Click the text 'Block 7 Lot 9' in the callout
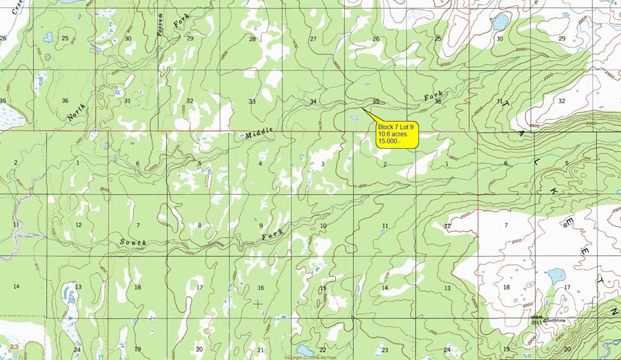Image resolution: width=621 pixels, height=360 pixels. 396,127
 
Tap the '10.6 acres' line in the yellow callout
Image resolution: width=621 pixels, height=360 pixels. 392,134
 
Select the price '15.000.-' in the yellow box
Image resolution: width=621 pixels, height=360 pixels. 390,142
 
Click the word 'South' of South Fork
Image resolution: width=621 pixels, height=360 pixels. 134,242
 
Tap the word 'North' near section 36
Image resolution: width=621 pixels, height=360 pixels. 78,111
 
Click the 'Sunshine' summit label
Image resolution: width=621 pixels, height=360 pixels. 555,320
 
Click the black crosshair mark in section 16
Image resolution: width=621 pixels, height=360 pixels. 258,304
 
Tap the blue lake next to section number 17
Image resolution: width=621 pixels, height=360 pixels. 556,275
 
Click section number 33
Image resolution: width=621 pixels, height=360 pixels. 252,101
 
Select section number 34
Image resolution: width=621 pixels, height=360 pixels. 313,101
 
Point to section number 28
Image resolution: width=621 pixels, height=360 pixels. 252,39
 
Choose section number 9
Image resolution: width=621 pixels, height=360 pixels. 261,226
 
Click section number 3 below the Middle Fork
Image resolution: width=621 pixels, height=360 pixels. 323,164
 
